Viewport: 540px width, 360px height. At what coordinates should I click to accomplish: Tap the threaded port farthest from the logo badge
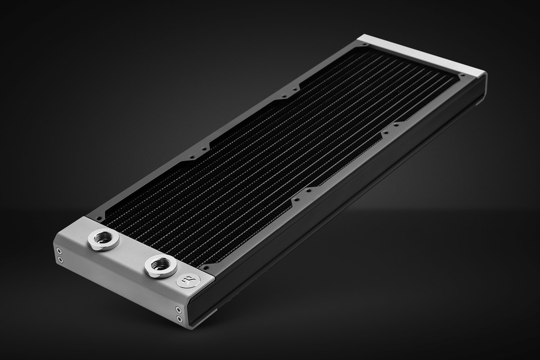(x=103, y=239)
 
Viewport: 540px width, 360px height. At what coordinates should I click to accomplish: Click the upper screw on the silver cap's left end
(x=59, y=251)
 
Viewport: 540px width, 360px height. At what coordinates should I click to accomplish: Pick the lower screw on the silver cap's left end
(x=60, y=260)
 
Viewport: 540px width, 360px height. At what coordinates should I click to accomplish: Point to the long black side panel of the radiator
(x=346, y=205)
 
